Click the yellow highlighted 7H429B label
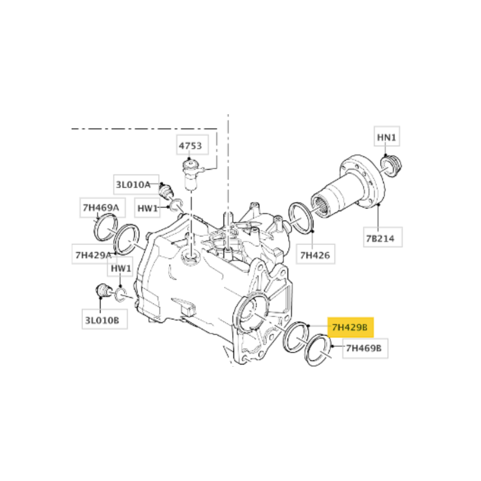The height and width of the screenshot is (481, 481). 351,327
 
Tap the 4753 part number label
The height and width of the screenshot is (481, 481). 192,145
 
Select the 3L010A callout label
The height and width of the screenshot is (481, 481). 136,185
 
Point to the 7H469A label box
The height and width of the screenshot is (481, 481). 102,207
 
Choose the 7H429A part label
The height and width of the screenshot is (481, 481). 94,254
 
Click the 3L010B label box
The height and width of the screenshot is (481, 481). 105,320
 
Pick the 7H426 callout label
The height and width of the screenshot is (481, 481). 315,254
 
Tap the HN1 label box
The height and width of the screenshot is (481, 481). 387,137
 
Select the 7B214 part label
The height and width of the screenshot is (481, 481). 382,237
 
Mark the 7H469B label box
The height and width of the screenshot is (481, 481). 365,348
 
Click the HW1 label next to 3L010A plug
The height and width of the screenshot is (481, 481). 147,208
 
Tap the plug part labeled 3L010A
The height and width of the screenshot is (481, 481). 167,190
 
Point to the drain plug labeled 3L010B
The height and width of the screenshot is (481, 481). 103,291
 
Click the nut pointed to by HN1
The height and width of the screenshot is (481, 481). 391,167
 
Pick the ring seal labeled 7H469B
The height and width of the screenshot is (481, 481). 318,350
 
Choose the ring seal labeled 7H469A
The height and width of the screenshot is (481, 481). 106,227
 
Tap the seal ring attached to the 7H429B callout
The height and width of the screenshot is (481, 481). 295,337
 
